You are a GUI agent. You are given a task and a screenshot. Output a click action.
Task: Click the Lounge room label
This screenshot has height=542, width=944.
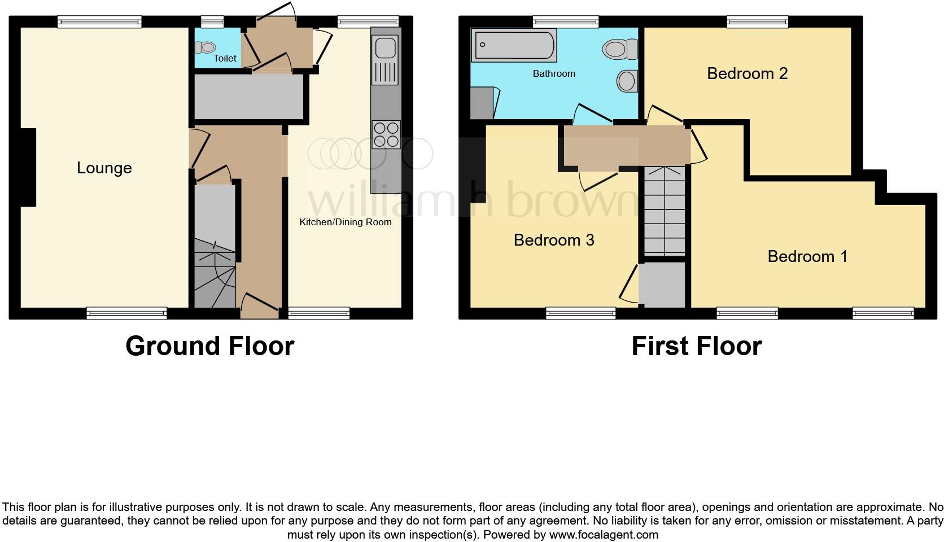pos(104,168)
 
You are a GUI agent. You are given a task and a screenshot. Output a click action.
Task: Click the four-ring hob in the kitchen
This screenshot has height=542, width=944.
pos(386,134)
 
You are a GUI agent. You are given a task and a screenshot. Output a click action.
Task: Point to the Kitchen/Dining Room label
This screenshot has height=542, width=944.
pos(345,222)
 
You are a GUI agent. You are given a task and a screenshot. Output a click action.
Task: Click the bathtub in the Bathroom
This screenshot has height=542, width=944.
pos(514,45)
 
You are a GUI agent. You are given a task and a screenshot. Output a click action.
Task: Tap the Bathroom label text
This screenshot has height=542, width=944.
pos(553,73)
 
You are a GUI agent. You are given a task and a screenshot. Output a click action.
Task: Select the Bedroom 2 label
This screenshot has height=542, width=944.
pos(747,73)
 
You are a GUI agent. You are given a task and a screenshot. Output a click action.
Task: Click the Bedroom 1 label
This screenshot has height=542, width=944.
pos(807,256)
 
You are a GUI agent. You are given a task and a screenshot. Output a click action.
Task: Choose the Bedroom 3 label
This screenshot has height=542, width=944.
pos(553,240)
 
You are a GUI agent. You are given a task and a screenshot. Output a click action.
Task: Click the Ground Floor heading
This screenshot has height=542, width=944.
pos(209,346)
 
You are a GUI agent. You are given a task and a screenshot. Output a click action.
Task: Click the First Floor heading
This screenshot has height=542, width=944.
pos(696,346)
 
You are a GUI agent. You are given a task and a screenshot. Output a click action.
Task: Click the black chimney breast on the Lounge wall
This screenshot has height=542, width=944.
pos(28,167)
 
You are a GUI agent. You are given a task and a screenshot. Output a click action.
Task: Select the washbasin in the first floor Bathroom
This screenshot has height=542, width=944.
pos(627,81)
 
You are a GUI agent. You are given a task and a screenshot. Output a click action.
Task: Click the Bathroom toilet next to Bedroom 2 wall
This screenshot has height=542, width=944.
pos(619,49)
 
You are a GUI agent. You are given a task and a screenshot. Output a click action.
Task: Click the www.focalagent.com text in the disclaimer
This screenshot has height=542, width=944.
pos(604,534)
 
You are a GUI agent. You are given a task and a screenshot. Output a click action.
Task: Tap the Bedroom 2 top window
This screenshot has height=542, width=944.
pos(757,22)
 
